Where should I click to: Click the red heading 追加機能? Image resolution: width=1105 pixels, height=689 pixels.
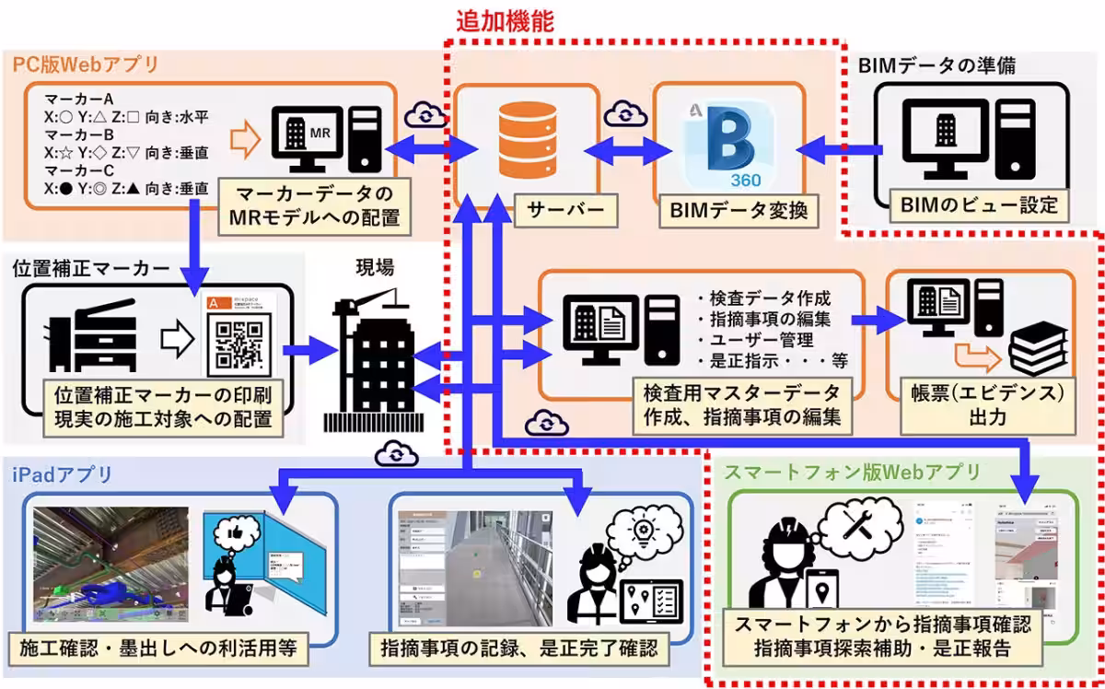[506, 20]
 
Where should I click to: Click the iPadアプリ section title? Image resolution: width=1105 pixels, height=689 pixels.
[63, 474]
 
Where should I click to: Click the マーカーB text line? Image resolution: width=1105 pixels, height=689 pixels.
[68, 134]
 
